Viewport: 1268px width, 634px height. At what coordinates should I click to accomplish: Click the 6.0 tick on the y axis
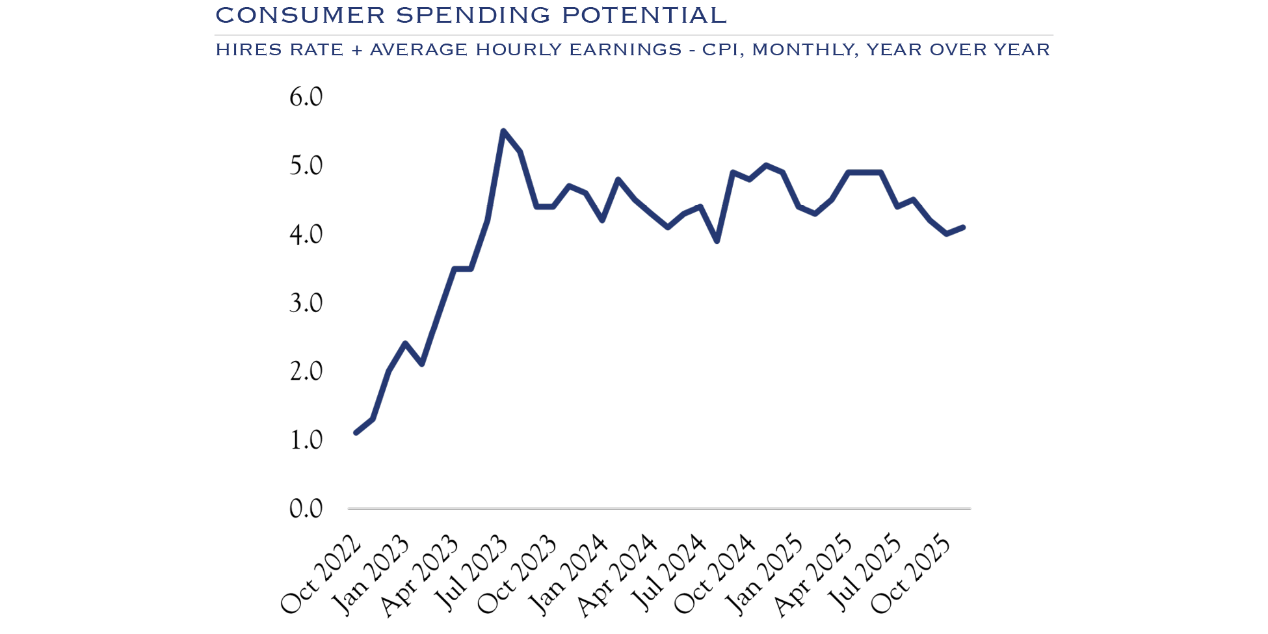pyautogui.click(x=306, y=97)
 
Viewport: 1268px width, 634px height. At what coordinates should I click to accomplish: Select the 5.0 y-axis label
pyautogui.click(x=306, y=166)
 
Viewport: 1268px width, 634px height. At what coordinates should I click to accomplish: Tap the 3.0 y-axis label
pyautogui.click(x=306, y=303)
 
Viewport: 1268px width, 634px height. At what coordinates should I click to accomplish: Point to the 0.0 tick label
pyautogui.click(x=306, y=509)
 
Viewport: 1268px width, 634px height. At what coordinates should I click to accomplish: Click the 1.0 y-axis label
pyautogui.click(x=306, y=440)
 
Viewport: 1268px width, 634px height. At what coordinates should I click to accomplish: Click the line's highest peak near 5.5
pyautogui.click(x=503, y=131)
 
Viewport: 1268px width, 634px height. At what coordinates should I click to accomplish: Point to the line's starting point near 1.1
pyautogui.click(x=356, y=432)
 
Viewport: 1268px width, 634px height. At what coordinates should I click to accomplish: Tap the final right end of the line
pyautogui.click(x=963, y=227)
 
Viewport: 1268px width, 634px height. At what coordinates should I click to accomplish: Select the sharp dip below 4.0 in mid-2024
pyautogui.click(x=717, y=241)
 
